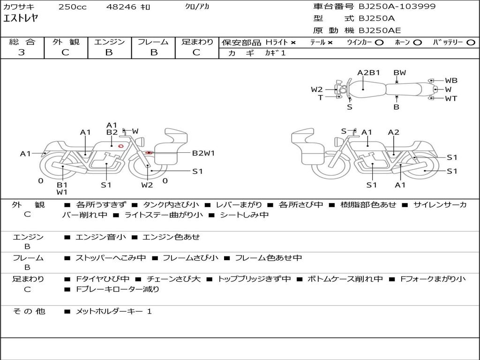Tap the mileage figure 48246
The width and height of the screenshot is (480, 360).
(121, 7)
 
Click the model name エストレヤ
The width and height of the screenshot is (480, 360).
(21, 19)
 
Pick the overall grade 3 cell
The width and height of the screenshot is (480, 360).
(22, 52)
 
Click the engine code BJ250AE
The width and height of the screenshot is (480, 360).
(380, 31)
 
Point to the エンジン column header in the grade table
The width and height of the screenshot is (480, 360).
(109, 42)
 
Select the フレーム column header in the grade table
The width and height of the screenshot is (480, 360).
(153, 42)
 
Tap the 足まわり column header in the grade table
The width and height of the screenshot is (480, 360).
(197, 42)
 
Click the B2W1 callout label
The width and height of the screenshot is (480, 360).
(203, 153)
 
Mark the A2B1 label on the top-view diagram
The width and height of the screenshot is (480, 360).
(368, 73)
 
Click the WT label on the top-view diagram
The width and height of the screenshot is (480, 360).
(451, 98)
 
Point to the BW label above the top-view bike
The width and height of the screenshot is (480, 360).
(399, 73)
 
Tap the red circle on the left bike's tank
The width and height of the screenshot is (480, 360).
(120, 146)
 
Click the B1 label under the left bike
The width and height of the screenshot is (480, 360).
(62, 185)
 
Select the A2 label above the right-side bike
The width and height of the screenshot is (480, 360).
(393, 132)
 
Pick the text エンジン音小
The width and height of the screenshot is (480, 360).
(100, 237)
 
